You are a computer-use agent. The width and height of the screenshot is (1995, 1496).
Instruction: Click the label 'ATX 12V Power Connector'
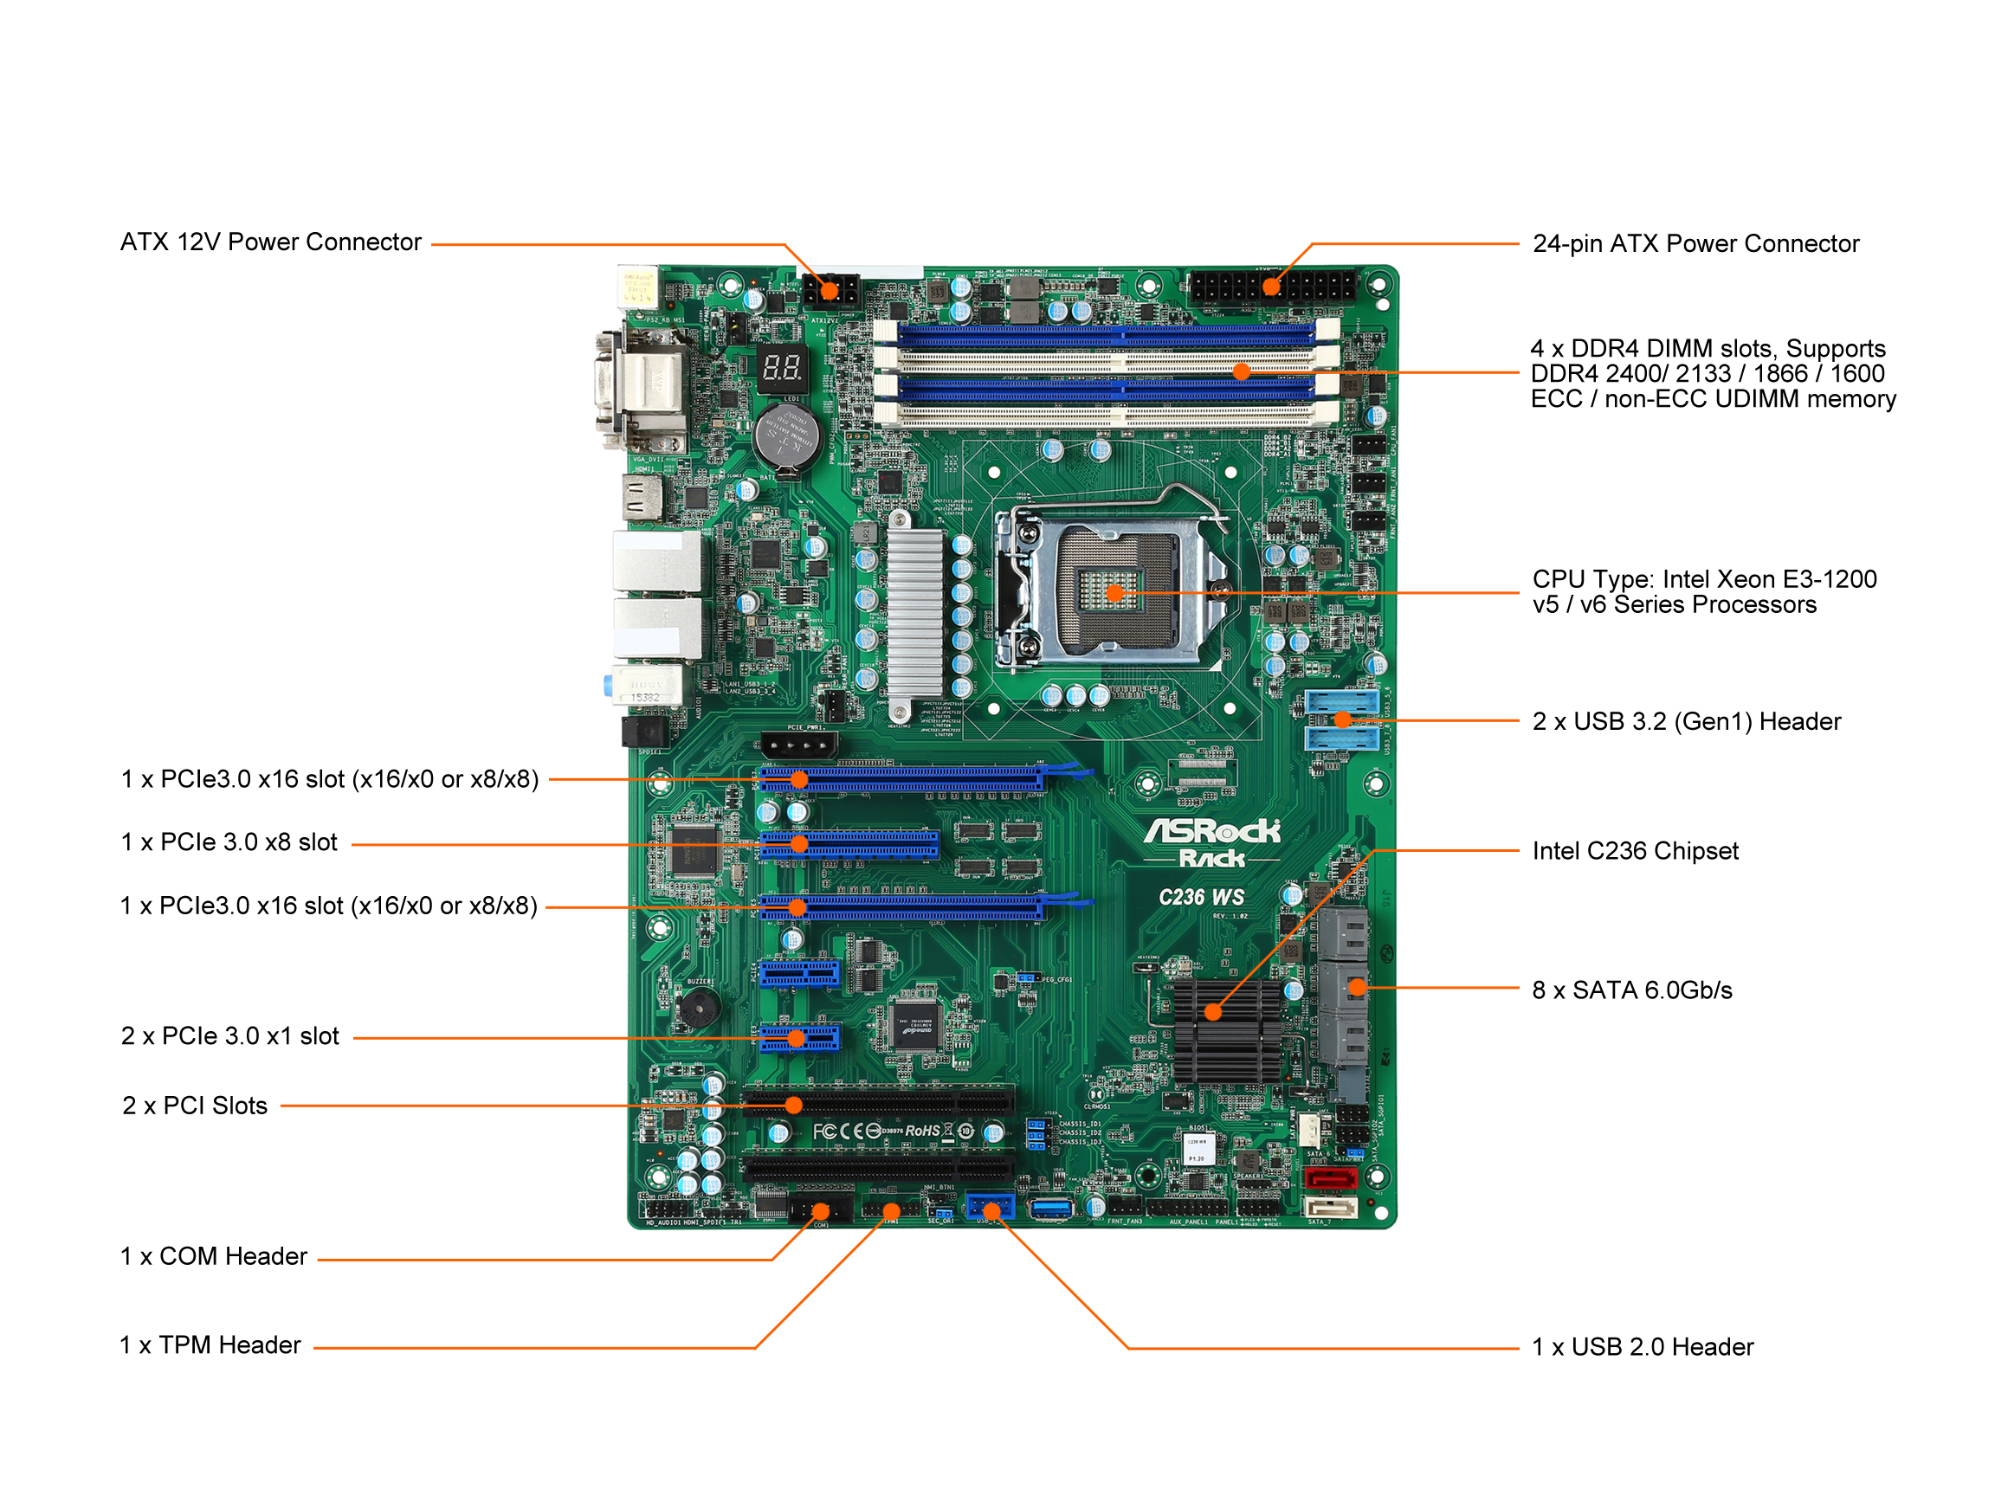point(270,242)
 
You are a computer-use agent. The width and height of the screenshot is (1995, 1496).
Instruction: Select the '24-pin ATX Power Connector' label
point(1695,243)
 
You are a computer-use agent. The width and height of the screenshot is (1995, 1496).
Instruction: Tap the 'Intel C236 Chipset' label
point(1634,851)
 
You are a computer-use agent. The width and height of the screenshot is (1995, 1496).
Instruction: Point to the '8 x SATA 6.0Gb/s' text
point(1631,990)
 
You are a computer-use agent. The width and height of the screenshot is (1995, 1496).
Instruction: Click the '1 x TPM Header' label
point(210,1345)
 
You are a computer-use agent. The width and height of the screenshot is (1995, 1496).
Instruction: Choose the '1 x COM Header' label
point(214,1257)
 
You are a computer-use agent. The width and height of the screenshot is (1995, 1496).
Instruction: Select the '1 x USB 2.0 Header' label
point(1643,1347)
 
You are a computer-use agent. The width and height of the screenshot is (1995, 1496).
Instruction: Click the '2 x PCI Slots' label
point(195,1106)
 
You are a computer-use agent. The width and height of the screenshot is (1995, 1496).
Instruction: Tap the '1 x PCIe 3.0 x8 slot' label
point(229,842)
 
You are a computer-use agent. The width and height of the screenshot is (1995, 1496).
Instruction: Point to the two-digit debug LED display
point(781,368)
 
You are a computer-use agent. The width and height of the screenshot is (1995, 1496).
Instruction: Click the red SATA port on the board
point(1330,1178)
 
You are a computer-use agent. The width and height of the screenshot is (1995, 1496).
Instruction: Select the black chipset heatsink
point(1227,1033)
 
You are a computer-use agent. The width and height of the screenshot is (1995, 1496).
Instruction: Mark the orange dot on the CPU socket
point(1114,593)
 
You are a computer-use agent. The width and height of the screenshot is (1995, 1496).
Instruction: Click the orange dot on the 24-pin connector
point(1271,287)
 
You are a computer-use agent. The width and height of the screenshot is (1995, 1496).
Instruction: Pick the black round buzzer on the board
point(699,1006)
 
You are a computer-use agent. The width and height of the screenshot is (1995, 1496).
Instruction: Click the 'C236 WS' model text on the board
point(1200,898)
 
